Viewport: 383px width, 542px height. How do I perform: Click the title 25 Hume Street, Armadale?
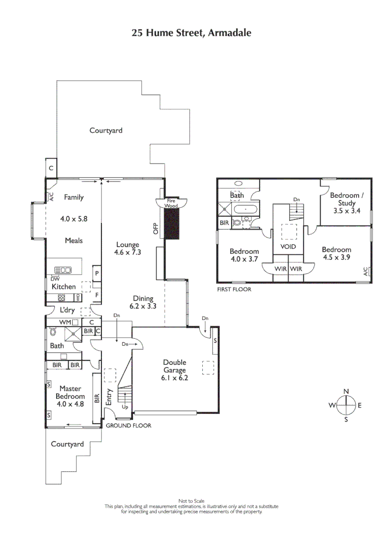tap(191, 33)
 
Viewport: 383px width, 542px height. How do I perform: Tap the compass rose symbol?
tap(346, 405)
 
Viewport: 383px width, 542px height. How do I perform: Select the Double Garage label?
tap(175, 366)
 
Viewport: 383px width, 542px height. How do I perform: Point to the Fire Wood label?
tap(172, 203)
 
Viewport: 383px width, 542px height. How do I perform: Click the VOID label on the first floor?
tap(288, 247)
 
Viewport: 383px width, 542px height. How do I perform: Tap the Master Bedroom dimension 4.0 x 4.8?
tap(71, 403)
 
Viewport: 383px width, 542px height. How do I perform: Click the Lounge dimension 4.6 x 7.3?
tap(127, 252)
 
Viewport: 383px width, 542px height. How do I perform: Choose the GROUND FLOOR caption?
tap(128, 426)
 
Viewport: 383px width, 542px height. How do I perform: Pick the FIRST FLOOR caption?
tap(234, 290)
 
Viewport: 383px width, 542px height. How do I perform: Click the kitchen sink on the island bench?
tap(63, 270)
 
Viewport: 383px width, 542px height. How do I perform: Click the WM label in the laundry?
tap(65, 322)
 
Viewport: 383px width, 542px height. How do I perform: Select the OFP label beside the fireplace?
tap(156, 228)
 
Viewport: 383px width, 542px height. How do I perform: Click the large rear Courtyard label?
tap(106, 130)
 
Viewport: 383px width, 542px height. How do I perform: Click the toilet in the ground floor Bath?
tap(52, 332)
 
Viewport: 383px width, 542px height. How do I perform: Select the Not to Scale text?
tap(191, 501)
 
